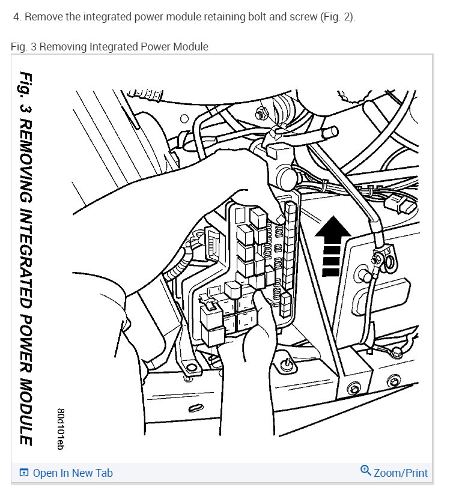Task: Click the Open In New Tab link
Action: pyautogui.click(x=72, y=473)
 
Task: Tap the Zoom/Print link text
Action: pyautogui.click(x=401, y=473)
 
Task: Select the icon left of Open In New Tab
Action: pyautogui.click(x=24, y=473)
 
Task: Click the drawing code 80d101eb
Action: pyautogui.click(x=60, y=429)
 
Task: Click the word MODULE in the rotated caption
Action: pyautogui.click(x=25, y=414)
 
